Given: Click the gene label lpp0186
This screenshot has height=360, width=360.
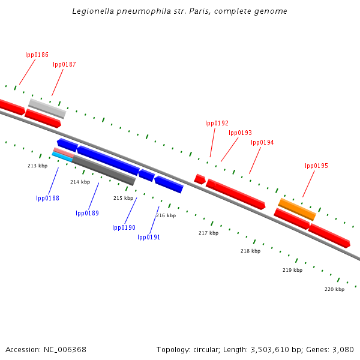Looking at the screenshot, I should (x=37, y=55).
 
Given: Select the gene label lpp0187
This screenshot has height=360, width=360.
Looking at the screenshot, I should (x=64, y=64).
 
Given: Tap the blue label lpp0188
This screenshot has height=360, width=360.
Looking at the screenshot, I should (x=47, y=198).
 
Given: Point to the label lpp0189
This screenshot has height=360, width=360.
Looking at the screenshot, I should (x=87, y=213).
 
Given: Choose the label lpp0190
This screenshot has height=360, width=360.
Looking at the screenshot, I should (x=124, y=227).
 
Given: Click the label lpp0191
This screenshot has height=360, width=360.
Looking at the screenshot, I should (x=149, y=237).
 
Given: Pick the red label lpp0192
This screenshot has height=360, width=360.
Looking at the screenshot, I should (x=217, y=124).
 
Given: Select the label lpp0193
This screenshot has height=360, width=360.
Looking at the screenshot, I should (x=240, y=133).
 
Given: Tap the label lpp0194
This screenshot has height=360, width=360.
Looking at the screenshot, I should (x=262, y=143).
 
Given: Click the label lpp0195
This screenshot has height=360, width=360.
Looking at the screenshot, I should (x=316, y=166).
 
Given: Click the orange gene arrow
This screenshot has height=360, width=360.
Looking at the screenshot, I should (x=296, y=209).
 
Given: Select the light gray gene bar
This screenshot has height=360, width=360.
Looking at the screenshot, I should (x=47, y=108).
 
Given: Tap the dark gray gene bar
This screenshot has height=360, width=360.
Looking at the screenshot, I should (x=103, y=170).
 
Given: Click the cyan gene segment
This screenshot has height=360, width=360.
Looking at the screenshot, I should (x=62, y=157).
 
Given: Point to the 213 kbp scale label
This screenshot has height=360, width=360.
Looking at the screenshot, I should (x=37, y=166).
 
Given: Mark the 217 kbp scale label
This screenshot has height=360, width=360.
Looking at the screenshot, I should (x=208, y=233).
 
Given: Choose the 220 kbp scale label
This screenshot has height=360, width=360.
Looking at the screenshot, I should (x=334, y=289).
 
